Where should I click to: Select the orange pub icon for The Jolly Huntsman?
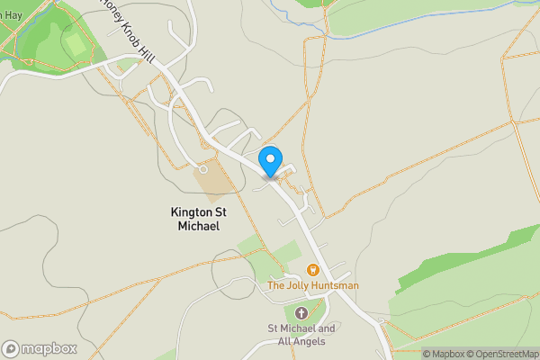click(x=313, y=270)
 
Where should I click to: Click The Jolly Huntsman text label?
click(x=313, y=285)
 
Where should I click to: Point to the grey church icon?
click(x=301, y=313)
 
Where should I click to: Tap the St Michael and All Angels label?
click(x=301, y=335)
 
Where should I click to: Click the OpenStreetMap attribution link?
click(x=505, y=354)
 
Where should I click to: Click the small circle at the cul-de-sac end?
click(x=203, y=168)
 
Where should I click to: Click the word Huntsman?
click(x=337, y=285)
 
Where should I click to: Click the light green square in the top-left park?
click(x=76, y=43)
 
